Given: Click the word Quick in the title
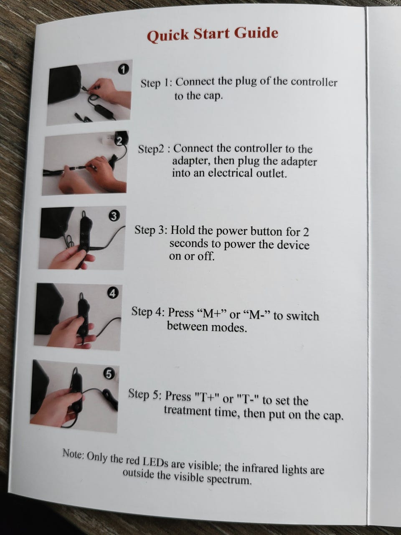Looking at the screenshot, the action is (168, 36).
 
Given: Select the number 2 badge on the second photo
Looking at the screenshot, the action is (120, 141).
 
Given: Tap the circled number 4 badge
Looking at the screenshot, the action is (112, 294).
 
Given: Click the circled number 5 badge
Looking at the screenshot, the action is (109, 374).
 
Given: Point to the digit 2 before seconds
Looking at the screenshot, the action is (305, 232).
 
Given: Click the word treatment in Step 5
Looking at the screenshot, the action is (187, 411).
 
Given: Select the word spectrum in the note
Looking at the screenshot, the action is (229, 479).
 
